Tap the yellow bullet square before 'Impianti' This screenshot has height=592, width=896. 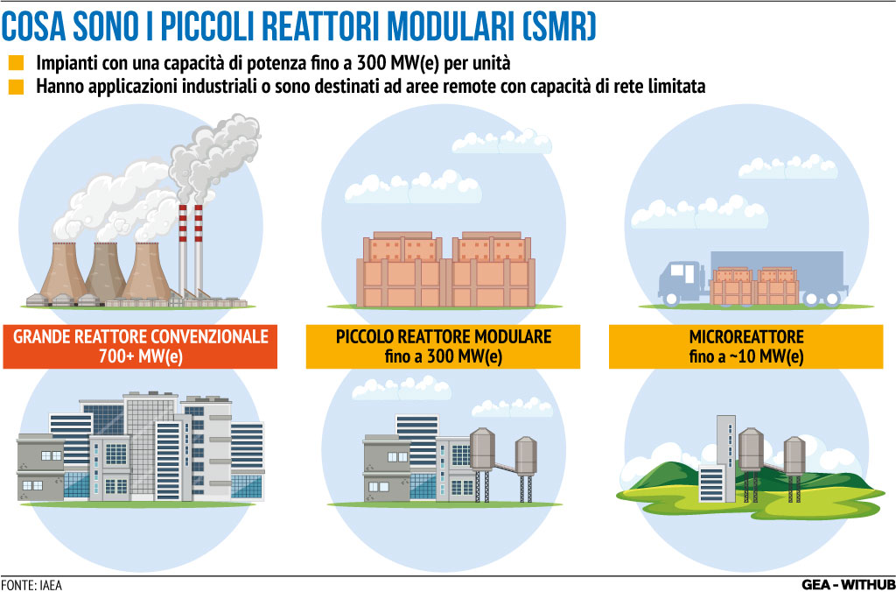(x=17, y=62)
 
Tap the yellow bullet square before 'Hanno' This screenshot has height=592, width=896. (x=17, y=87)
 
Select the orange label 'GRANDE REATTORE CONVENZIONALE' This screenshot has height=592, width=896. (x=141, y=336)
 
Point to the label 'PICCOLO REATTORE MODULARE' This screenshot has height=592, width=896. (x=443, y=336)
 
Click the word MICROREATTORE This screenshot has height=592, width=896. (x=746, y=336)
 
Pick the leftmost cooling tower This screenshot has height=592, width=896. (x=64, y=271)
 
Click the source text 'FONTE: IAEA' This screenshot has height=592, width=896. (x=31, y=585)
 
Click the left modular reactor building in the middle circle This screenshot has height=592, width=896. (x=403, y=269)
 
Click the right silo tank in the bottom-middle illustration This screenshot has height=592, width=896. (x=526, y=469)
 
